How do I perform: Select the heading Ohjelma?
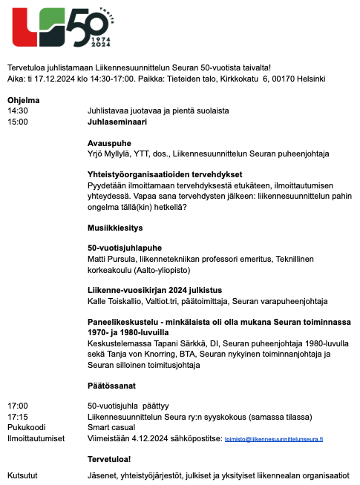click(x=23, y=99)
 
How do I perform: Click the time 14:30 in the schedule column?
click(x=17, y=110)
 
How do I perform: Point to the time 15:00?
click(x=17, y=122)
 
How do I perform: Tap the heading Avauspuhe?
click(x=108, y=143)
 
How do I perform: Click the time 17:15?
click(x=17, y=418)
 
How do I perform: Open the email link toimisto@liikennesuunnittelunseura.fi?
click(x=275, y=439)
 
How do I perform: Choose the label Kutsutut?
click(x=23, y=475)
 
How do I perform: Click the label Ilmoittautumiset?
click(x=35, y=439)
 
